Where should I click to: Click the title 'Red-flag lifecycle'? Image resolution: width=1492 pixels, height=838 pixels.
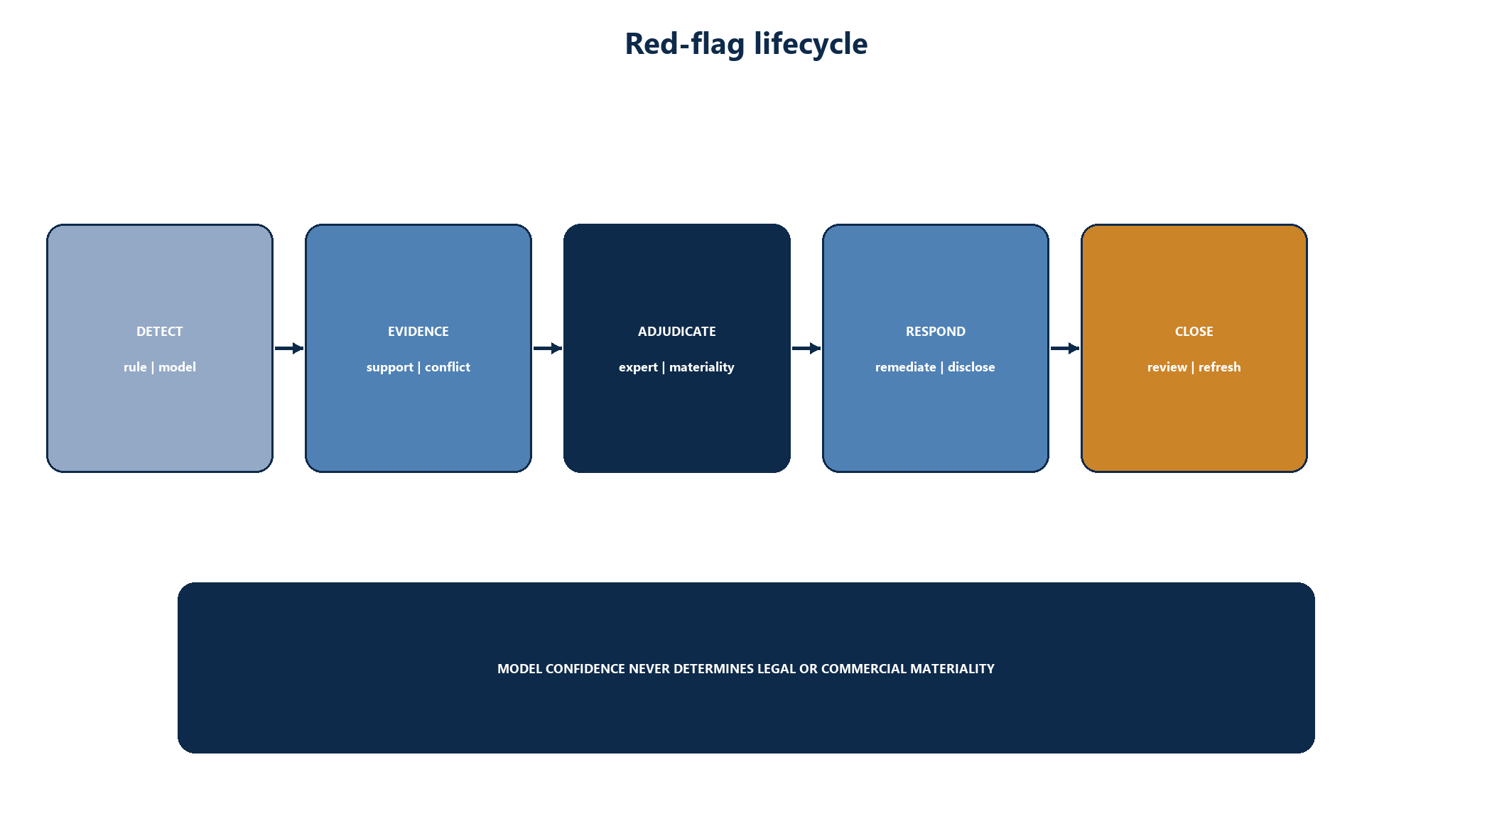click(x=746, y=44)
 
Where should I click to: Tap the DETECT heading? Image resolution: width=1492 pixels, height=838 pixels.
click(x=160, y=332)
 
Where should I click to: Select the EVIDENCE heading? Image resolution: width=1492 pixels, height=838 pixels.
click(x=418, y=332)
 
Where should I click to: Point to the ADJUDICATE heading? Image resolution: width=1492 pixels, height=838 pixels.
click(x=677, y=332)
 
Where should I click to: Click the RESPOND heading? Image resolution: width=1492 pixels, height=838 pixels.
click(x=936, y=332)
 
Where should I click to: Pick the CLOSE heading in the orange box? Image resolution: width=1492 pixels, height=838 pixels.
click(x=1194, y=332)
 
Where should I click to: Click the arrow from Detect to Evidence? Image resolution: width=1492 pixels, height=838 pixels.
click(x=289, y=348)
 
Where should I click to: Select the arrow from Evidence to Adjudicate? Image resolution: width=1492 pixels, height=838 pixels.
click(x=548, y=348)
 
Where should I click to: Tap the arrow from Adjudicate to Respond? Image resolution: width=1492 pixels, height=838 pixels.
click(x=806, y=348)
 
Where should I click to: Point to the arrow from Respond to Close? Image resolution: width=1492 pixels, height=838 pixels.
click(x=1065, y=348)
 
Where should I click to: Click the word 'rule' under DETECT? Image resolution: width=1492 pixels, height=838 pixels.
click(x=135, y=367)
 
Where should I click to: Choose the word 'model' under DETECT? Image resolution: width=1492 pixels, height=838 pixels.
click(x=177, y=367)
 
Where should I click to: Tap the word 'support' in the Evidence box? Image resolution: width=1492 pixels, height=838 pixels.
click(x=390, y=368)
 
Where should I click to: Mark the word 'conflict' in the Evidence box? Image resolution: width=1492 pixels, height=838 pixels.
click(x=448, y=367)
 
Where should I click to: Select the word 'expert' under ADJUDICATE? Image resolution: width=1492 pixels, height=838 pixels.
click(x=638, y=368)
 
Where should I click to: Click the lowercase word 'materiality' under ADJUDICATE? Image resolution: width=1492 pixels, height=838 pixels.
click(x=702, y=368)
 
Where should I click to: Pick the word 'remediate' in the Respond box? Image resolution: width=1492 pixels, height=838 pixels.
click(x=906, y=367)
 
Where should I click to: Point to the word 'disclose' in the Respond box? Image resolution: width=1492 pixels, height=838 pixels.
click(x=971, y=367)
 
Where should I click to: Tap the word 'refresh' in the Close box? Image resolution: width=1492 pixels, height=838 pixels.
click(x=1220, y=367)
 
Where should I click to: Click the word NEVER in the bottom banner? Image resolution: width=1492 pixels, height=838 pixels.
click(x=649, y=669)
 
